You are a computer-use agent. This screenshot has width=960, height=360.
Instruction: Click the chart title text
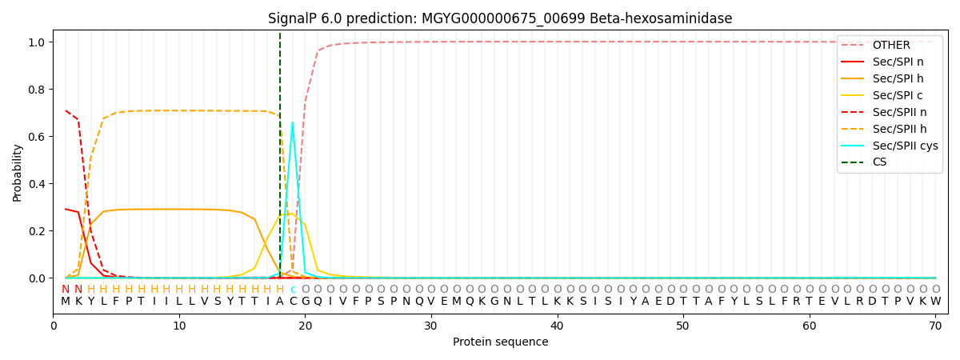pos(500,18)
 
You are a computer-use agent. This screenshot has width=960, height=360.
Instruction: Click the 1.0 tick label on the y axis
pos(38,42)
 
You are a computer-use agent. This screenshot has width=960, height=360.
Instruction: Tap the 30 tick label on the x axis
pos(431,325)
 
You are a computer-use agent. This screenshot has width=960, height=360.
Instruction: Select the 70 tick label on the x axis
pos(935,325)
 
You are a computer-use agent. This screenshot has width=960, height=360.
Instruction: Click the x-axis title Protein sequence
pos(500,342)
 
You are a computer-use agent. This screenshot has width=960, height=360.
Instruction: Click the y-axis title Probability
pos(18,172)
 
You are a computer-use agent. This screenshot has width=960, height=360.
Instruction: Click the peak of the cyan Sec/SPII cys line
pos(293,122)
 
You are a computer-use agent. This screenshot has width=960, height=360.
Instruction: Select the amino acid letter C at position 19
pos(293,302)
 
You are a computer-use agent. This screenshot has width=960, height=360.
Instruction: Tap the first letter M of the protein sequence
pos(66,302)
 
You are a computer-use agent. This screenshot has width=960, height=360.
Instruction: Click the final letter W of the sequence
pos(935,302)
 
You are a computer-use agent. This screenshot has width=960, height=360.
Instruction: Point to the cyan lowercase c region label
pos(293,290)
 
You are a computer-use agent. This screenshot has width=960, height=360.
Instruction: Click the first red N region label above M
pos(66,290)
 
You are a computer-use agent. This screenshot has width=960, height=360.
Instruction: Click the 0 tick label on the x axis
pos(54,325)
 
